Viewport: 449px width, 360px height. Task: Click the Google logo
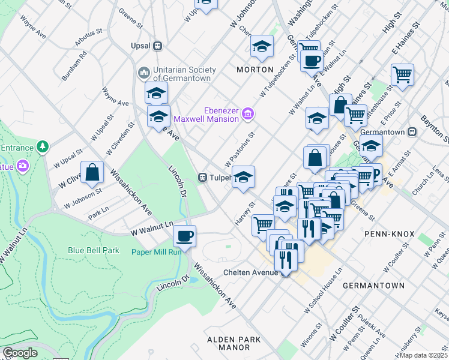tap(20, 353)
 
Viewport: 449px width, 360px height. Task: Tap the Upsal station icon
tap(157, 46)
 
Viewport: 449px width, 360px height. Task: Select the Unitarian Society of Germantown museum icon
tap(143, 73)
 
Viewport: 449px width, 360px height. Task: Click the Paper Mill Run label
tap(157, 252)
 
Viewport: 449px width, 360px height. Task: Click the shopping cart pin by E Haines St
tap(402, 75)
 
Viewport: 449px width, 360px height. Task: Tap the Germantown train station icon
tap(412, 132)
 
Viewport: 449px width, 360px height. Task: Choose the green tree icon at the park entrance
tap(43, 146)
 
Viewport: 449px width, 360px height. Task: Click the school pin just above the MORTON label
tap(262, 47)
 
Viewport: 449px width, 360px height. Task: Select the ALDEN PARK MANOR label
tap(234, 343)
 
